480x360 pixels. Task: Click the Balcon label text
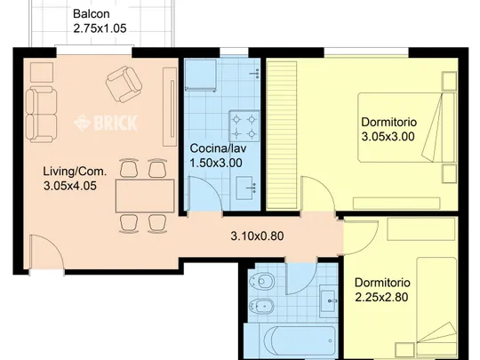[x=92, y=13]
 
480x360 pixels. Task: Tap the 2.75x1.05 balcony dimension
[x=100, y=28]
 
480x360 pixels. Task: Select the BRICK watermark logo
[x=105, y=123]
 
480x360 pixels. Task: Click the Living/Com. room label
[x=75, y=172]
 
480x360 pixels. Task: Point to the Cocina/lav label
[x=218, y=148]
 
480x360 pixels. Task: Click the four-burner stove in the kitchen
[x=244, y=126]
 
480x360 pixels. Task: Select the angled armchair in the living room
[x=124, y=84]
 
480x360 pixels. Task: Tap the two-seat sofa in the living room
[x=41, y=115]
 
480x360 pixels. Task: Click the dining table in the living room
[x=145, y=196]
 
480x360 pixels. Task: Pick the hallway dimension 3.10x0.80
[x=257, y=236]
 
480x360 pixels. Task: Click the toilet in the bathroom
[x=261, y=281]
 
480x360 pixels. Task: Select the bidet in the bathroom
[x=261, y=306]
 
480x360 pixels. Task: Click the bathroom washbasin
[x=328, y=301]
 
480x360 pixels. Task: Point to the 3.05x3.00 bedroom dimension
[x=388, y=137]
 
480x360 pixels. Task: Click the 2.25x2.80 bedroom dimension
[x=381, y=297]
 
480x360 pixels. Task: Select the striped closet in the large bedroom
[x=282, y=135]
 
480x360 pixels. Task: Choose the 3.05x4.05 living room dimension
[x=70, y=186]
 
